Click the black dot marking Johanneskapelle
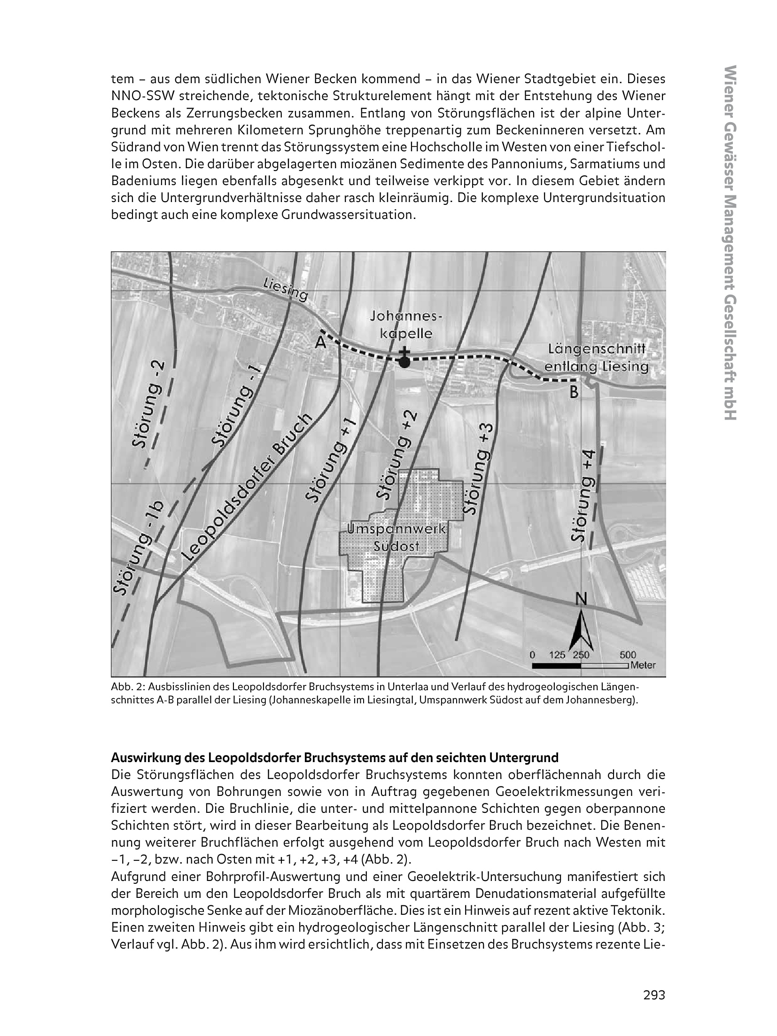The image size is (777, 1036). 404,361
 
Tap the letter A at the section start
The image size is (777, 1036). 320,343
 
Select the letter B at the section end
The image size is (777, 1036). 574,392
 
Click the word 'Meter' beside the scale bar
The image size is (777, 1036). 643,665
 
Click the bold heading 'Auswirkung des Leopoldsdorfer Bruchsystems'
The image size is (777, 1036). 334,758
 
